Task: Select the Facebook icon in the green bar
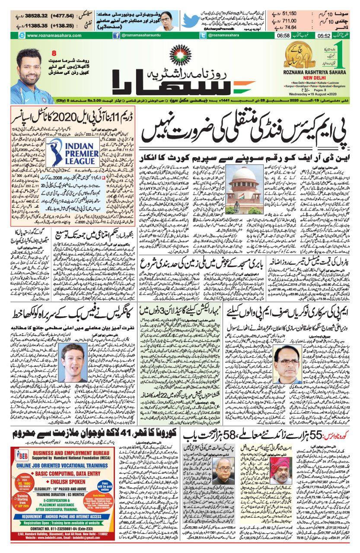[x=116, y=36]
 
